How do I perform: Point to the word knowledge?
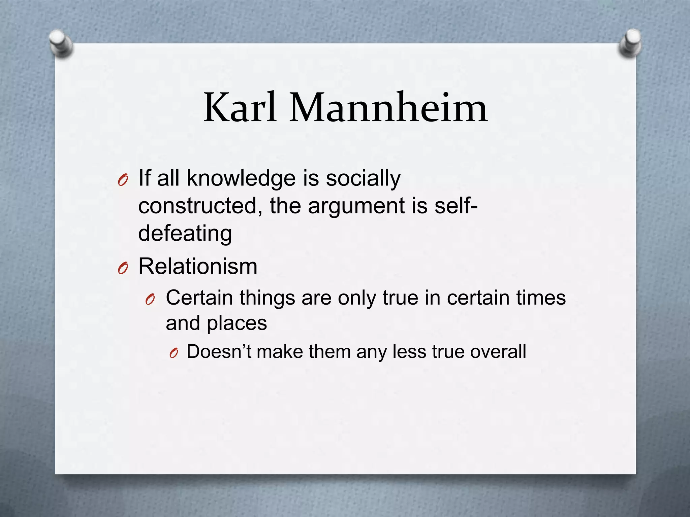click(x=241, y=178)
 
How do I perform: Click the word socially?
click(x=363, y=178)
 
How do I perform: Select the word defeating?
click(x=185, y=233)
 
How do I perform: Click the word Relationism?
click(x=198, y=267)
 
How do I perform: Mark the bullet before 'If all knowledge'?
click(x=123, y=181)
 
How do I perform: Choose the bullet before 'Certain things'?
click(x=150, y=299)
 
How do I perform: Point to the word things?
click(x=267, y=298)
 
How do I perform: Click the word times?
click(x=540, y=298)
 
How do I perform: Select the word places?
click(x=237, y=324)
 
